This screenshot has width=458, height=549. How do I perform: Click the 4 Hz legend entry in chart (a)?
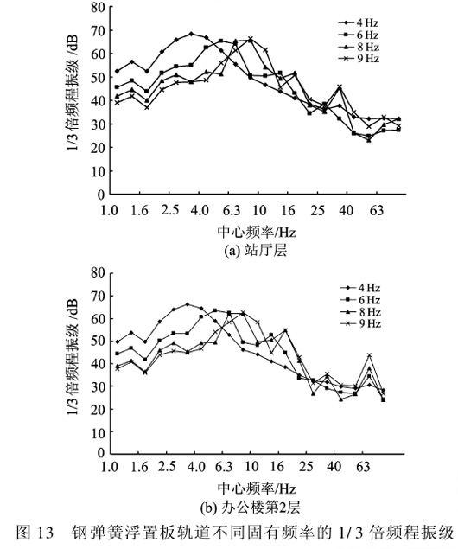359,22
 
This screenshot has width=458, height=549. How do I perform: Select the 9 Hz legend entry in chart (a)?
359,59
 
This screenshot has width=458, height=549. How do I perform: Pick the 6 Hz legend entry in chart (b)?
360,300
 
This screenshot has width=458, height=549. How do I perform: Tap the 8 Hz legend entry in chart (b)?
360,311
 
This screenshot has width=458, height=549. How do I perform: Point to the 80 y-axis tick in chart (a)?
98,8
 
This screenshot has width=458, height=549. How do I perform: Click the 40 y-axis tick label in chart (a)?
98,101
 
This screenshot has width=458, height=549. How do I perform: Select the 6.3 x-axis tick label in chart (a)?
232,210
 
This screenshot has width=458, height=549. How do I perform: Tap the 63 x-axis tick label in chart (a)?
377,210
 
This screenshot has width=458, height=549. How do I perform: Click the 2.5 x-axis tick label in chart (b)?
167,466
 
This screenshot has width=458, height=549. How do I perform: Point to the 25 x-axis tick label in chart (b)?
306,466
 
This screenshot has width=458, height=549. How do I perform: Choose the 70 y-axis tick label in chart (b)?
98,297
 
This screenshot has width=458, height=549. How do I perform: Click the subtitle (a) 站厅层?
256,251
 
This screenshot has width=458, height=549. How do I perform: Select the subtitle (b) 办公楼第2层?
251,508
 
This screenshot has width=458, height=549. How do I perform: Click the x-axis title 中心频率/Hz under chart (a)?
257,232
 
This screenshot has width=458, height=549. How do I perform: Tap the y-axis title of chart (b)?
73,357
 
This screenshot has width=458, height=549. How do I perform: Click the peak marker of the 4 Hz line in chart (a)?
191,34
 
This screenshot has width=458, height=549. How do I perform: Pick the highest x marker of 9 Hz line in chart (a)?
251,39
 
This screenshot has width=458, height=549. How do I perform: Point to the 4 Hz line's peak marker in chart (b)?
188,304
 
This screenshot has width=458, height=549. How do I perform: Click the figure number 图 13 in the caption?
35,533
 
